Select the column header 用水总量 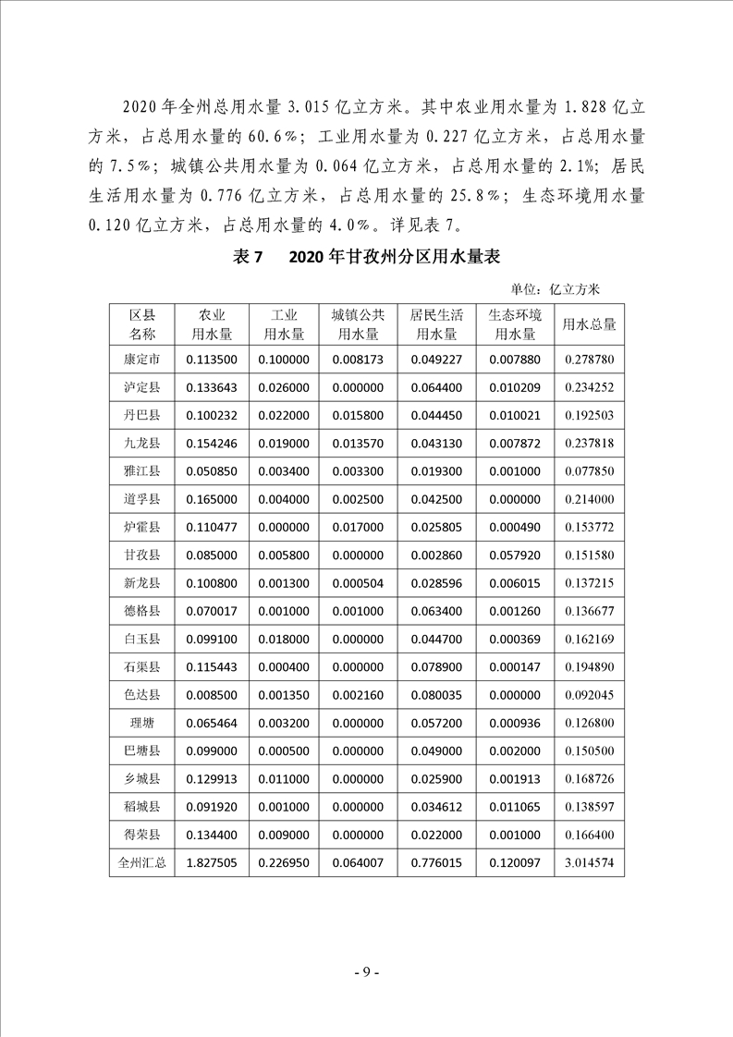[589, 324]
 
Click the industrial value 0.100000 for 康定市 [283, 359]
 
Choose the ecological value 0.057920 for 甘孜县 [514, 555]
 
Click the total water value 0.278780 [589, 359]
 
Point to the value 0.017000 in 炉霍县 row [358, 527]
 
